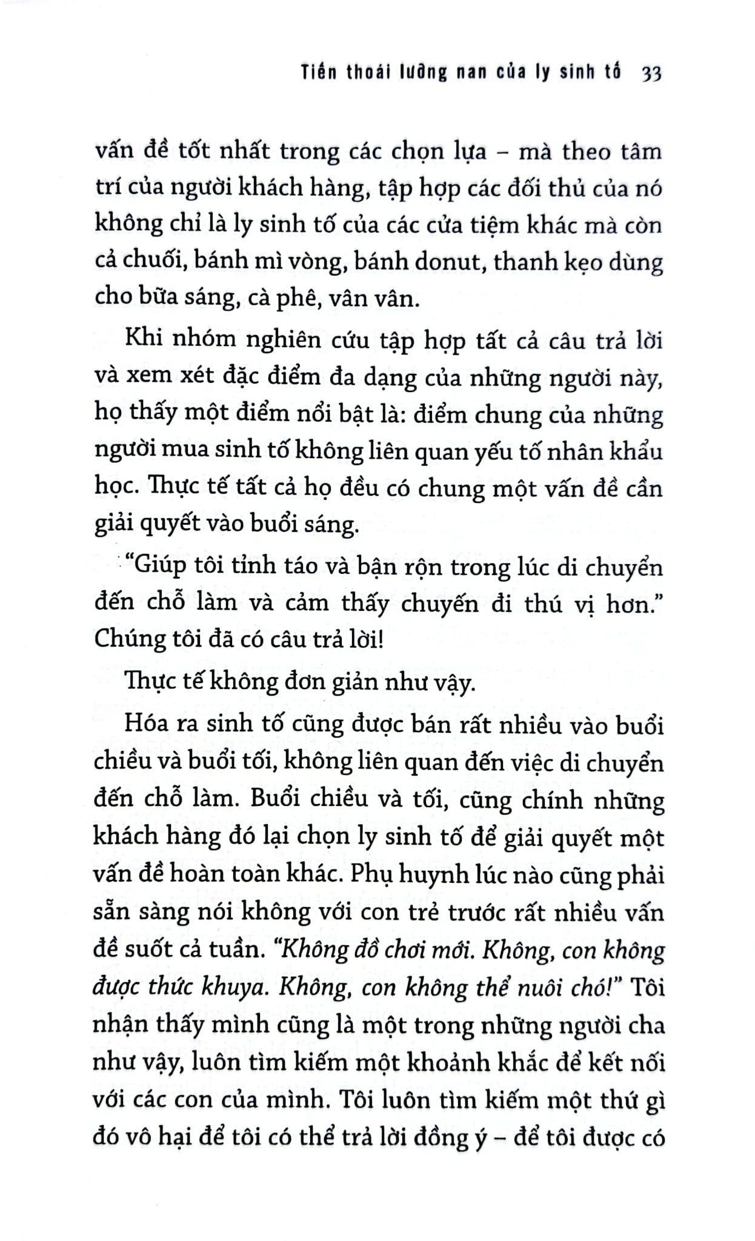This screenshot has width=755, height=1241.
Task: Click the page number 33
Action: [651, 73]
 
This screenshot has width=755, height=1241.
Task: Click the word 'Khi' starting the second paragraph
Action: [142, 338]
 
